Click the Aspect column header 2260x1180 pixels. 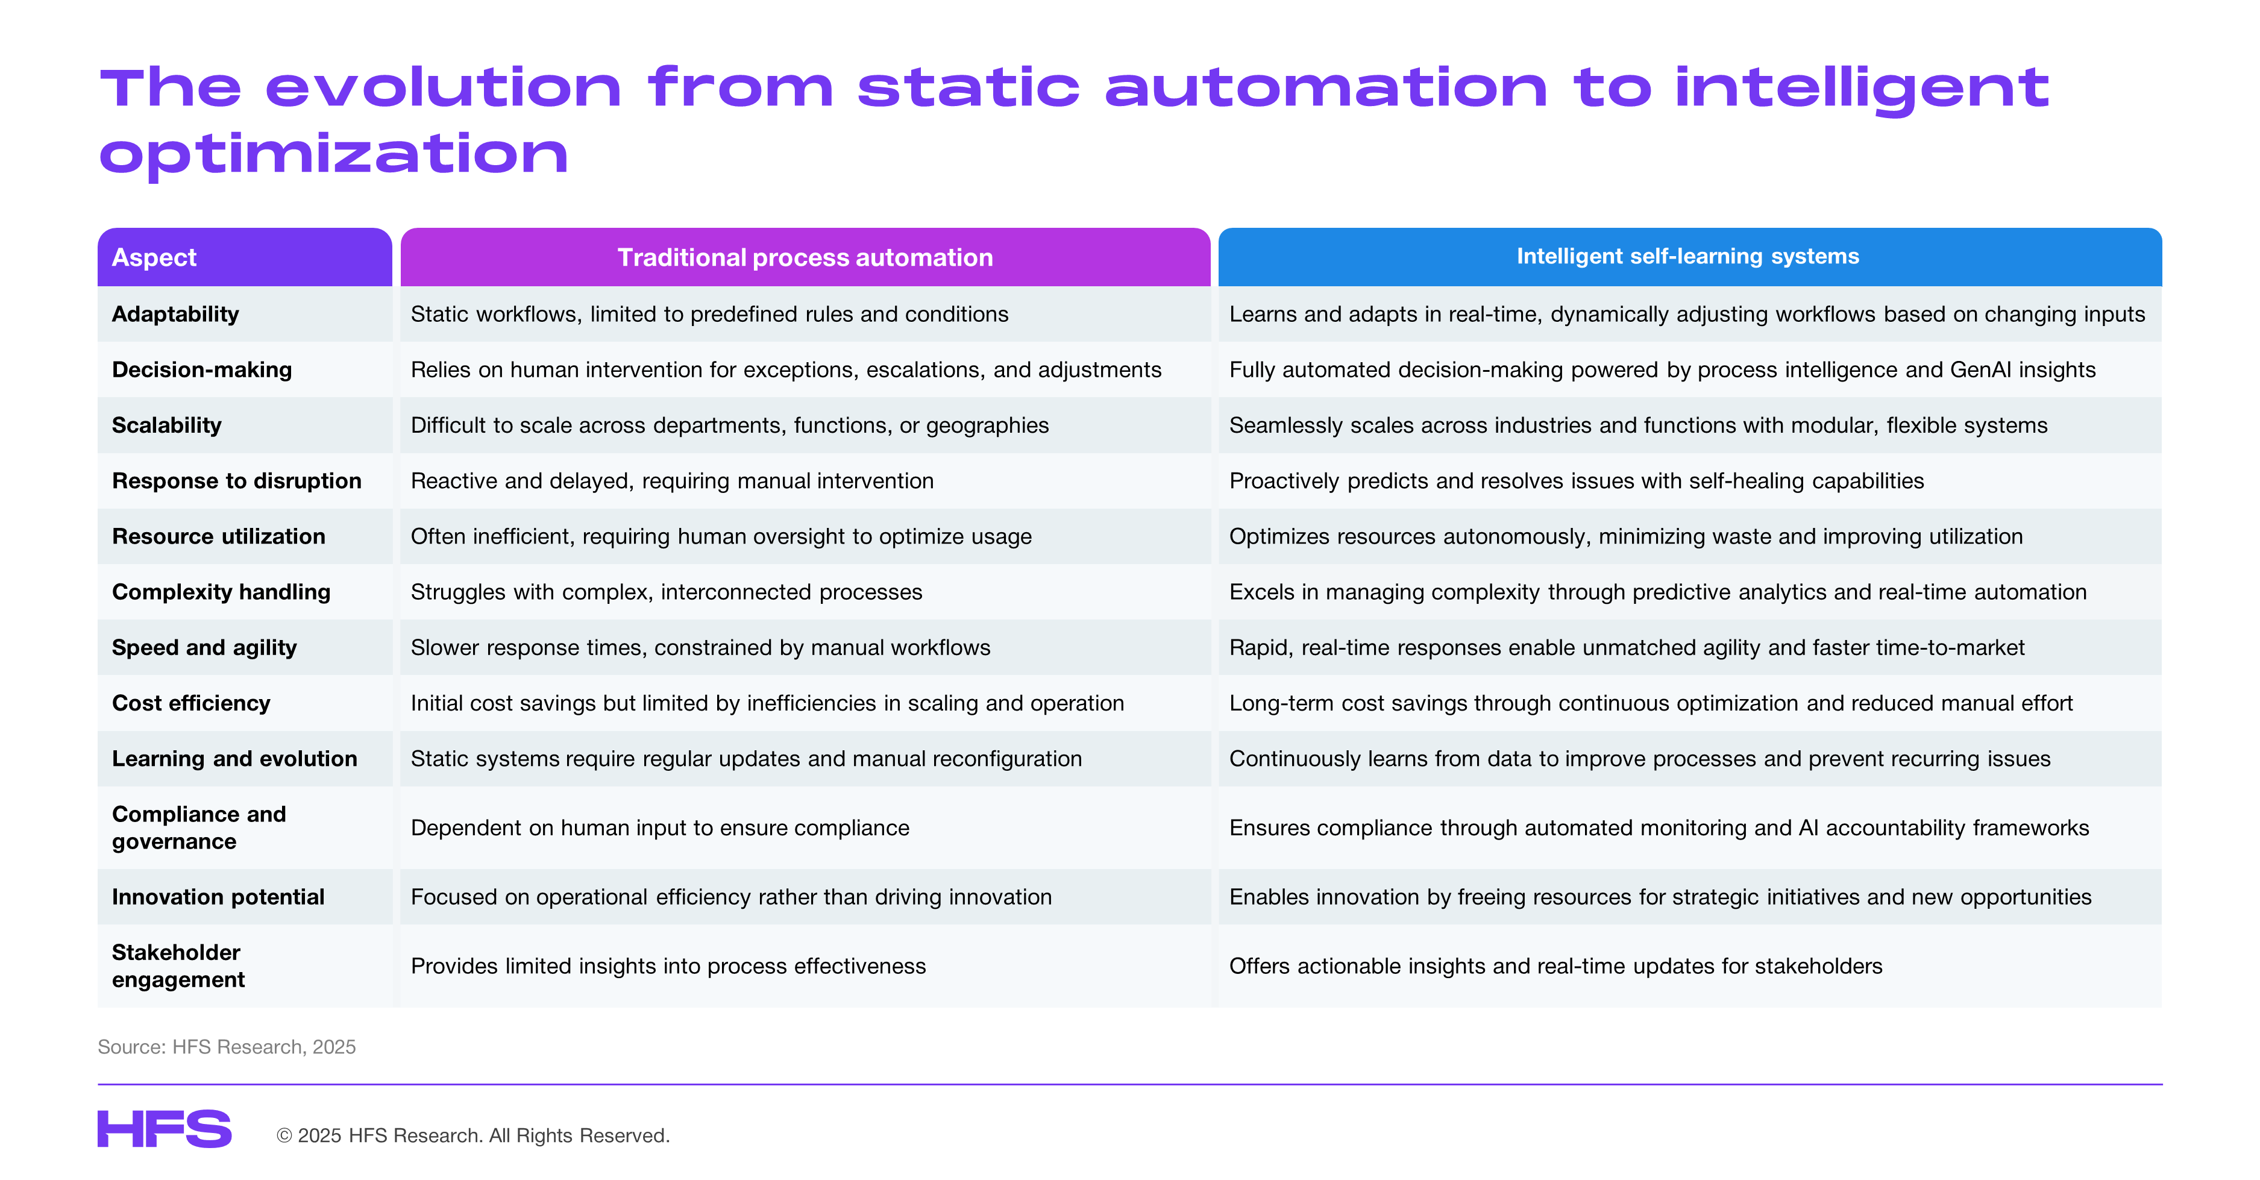(x=154, y=257)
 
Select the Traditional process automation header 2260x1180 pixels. (x=805, y=257)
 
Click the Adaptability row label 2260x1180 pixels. (x=175, y=314)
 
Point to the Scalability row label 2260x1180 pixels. (x=167, y=425)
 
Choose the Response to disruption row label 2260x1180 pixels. (x=237, y=481)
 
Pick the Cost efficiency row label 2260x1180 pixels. (x=191, y=703)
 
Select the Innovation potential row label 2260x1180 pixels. (x=218, y=897)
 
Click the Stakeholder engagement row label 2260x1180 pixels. (x=178, y=966)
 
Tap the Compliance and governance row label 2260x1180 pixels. (x=199, y=827)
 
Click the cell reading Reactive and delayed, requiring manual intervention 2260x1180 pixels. (x=672, y=481)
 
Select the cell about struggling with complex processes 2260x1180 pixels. (x=667, y=592)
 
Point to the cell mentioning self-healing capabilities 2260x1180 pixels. (x=1577, y=481)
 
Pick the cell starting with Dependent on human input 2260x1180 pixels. (x=660, y=827)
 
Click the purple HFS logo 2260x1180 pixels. (x=165, y=1129)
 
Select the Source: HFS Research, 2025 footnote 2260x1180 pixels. (x=227, y=1047)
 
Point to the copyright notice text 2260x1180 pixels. (x=473, y=1135)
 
